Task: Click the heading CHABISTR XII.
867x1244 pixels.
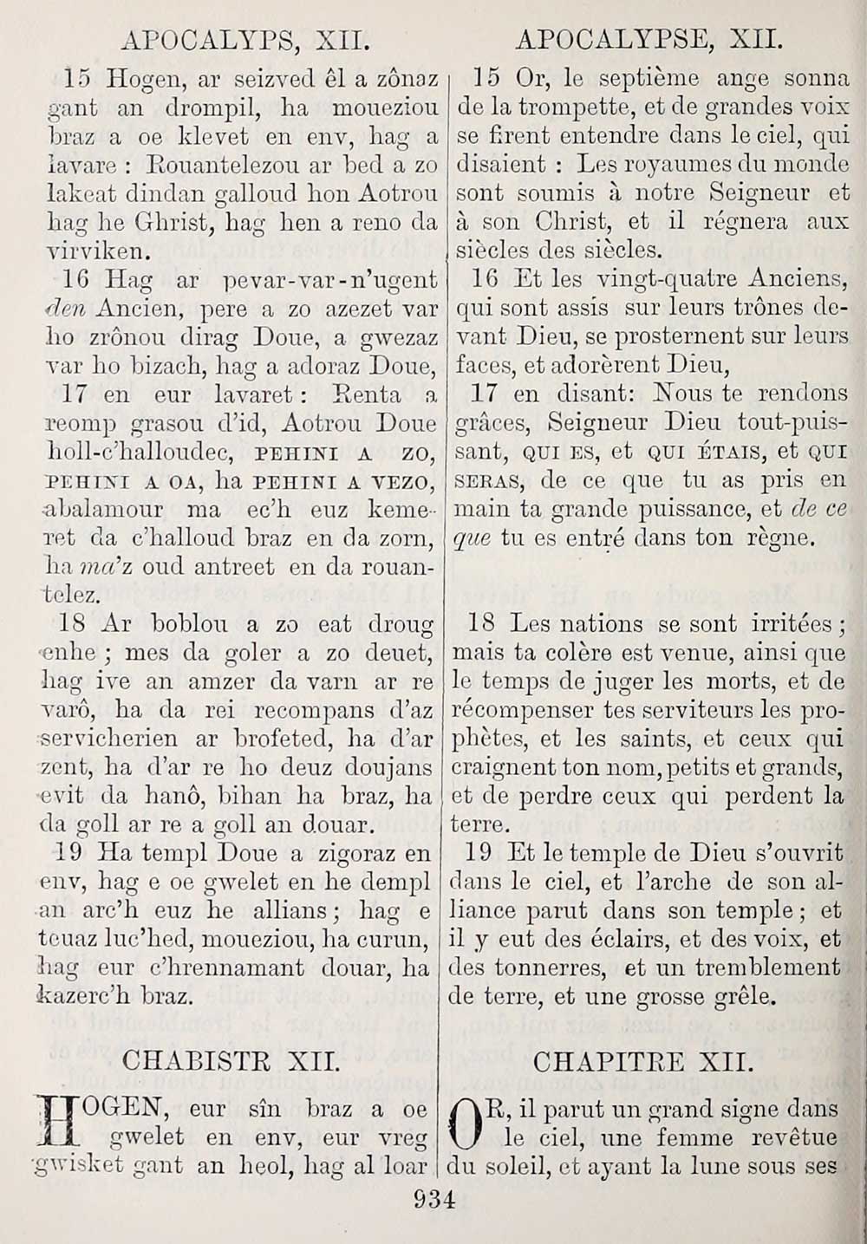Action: click(230, 1061)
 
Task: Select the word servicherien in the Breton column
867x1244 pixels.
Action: click(105, 739)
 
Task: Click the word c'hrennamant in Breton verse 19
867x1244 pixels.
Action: click(228, 967)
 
